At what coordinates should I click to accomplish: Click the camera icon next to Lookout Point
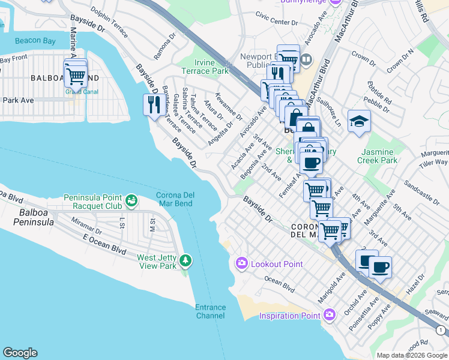[x=241, y=263]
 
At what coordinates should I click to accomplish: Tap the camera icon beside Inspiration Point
[x=329, y=315]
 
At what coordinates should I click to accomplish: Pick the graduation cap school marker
[x=359, y=122]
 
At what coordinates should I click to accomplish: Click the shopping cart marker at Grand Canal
[x=76, y=76]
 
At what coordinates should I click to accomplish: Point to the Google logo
[x=20, y=353]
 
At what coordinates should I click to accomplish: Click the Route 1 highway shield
[x=441, y=330]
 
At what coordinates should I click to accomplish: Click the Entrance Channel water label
[x=210, y=311]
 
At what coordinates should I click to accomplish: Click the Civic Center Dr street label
[x=277, y=22]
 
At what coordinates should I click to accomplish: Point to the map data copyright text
[x=411, y=355]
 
